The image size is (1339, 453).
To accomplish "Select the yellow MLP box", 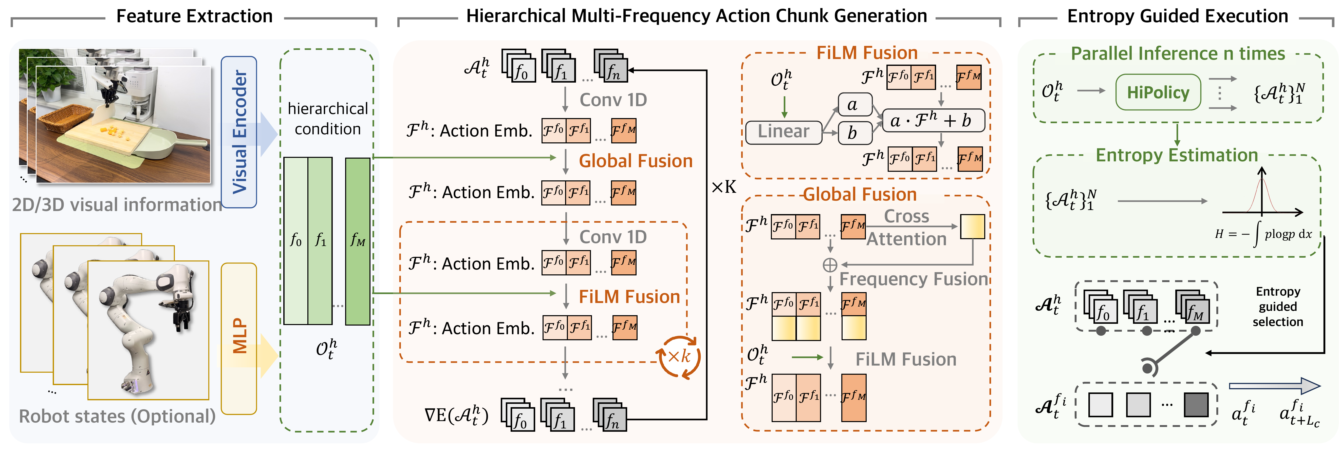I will [239, 338].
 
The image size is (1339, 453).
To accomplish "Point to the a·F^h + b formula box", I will [934, 121].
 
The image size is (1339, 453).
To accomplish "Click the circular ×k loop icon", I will [679, 357].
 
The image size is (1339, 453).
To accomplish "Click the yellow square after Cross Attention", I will [972, 226].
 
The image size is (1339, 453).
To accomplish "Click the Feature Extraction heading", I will [194, 16].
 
